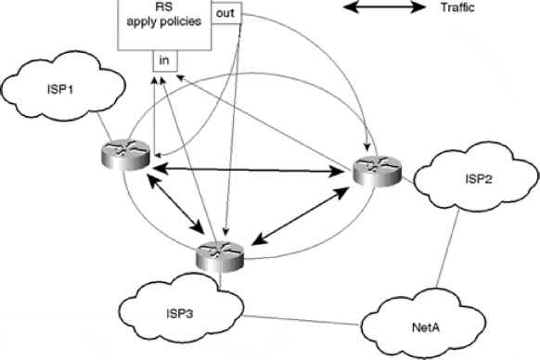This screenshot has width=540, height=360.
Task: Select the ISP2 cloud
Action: click(x=476, y=176)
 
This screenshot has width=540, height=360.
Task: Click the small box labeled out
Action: click(x=225, y=13)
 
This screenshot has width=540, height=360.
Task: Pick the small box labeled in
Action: click(x=165, y=61)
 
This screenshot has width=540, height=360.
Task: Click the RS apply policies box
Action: click(x=164, y=25)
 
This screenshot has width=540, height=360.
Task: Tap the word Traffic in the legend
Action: click(x=457, y=7)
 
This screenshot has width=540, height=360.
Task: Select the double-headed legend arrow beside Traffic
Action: click(x=385, y=7)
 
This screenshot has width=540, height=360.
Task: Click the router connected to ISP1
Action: click(x=125, y=154)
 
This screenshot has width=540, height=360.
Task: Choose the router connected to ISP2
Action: click(x=378, y=172)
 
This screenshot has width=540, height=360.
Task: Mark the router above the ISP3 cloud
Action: click(x=220, y=257)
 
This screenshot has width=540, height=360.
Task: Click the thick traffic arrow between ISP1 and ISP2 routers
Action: click(x=248, y=170)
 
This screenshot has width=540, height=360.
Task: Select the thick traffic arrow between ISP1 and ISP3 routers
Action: click(x=175, y=203)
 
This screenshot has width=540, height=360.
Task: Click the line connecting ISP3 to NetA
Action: click(x=302, y=320)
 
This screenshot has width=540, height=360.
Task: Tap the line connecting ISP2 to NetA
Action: click(x=448, y=248)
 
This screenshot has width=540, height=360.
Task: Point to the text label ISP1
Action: click(x=60, y=90)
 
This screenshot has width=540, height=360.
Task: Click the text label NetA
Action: click(x=426, y=328)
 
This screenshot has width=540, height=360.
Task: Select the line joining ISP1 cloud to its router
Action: click(x=103, y=126)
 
